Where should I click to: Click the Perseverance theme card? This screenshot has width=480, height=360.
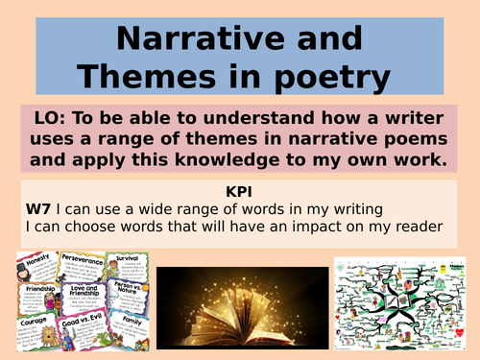point(84,264)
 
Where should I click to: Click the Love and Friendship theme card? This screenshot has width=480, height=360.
point(84,298)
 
